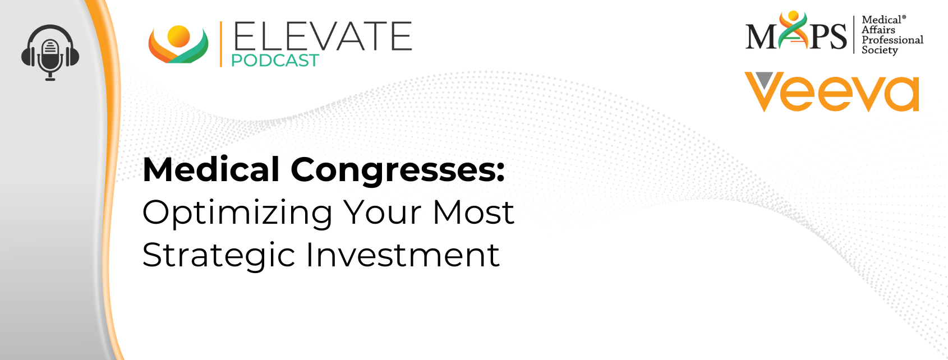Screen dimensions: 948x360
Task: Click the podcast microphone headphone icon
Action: [x=50, y=53]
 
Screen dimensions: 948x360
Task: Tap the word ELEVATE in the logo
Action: [x=323, y=36]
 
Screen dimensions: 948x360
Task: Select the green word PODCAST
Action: [x=275, y=61]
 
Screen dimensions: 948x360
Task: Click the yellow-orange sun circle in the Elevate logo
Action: [x=178, y=36]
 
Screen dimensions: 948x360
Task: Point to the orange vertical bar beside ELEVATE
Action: [x=220, y=44]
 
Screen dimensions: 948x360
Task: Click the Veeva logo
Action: [x=832, y=92]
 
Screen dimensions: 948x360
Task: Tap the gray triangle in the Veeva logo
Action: [x=764, y=80]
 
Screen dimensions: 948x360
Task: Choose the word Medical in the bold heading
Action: [x=211, y=170]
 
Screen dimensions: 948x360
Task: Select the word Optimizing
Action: [x=237, y=214]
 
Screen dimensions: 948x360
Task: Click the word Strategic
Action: [x=218, y=256]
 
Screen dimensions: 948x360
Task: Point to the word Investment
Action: [x=402, y=255]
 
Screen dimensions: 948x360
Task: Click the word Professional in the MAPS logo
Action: [x=892, y=40]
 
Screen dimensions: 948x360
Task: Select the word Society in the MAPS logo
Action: [x=880, y=50]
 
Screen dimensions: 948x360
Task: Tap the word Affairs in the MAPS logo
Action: [x=878, y=30]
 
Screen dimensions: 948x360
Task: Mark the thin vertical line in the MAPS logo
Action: [x=854, y=35]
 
